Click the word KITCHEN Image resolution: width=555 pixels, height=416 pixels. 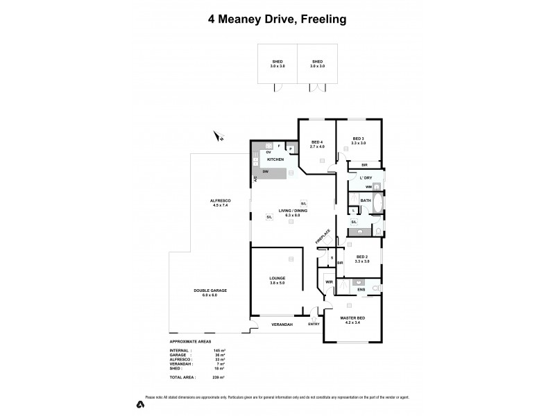(276, 159)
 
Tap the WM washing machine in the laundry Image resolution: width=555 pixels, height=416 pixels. (369, 187)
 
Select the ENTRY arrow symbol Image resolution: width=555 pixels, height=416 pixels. (314, 318)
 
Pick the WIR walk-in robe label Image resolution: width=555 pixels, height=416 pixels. (328, 282)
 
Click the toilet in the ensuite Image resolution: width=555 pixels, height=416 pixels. (376, 287)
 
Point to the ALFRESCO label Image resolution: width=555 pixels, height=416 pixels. (220, 202)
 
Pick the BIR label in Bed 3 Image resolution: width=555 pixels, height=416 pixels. (365, 165)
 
